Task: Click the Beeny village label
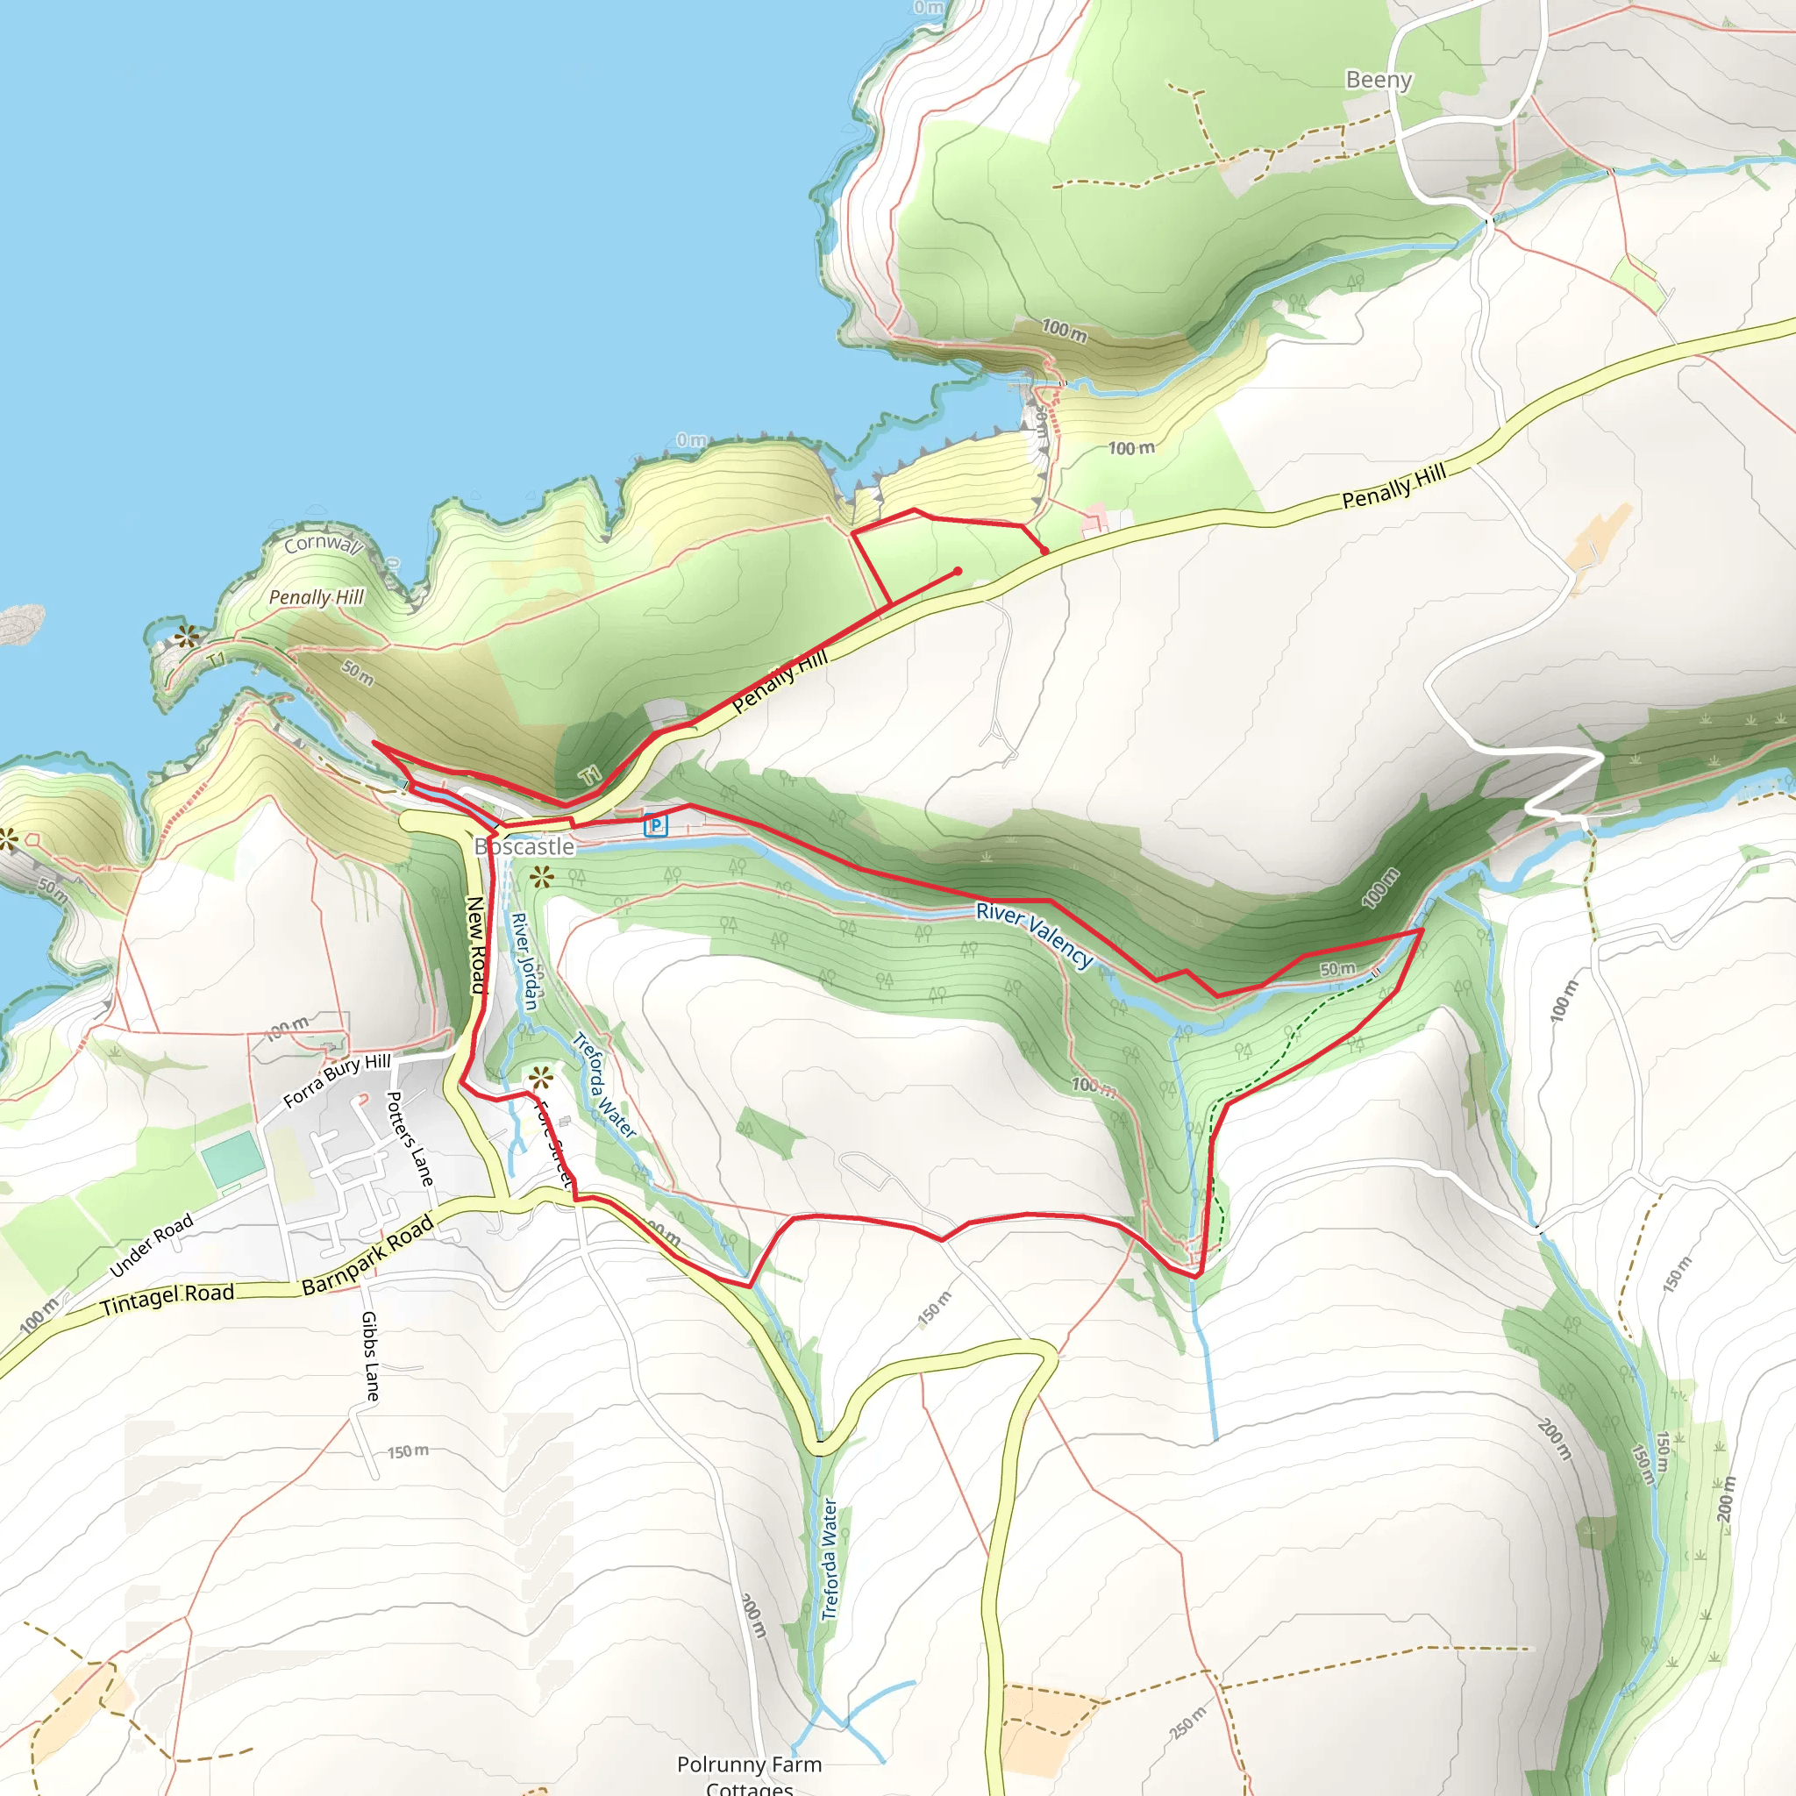tap(1379, 80)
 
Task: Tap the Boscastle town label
tap(525, 846)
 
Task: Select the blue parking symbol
tap(656, 824)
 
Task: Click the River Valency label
tap(1035, 935)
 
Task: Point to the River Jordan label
tap(525, 960)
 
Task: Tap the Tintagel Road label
tap(167, 1299)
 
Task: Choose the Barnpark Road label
tap(369, 1255)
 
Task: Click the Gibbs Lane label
tap(370, 1357)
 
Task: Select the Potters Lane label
tap(410, 1139)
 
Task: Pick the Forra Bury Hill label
tap(337, 1080)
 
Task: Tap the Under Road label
tap(152, 1244)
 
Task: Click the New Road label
tap(476, 944)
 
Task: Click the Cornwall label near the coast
tap(322, 544)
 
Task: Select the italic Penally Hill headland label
tap(316, 597)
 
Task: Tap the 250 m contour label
tap(1188, 1722)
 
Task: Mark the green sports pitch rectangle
tap(232, 1158)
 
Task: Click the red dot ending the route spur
tap(958, 572)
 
